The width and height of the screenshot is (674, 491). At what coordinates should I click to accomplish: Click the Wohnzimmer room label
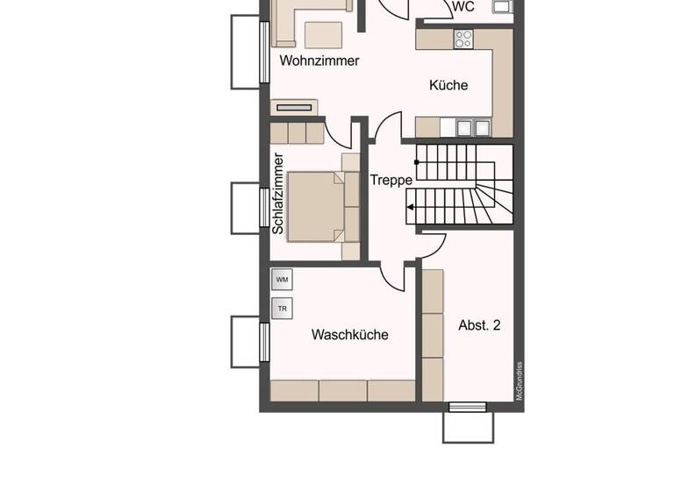click(x=319, y=61)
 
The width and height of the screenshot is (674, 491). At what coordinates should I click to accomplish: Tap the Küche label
click(x=448, y=85)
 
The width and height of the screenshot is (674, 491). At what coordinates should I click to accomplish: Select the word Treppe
click(x=391, y=180)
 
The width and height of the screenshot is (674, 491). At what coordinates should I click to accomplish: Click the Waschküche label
click(x=349, y=335)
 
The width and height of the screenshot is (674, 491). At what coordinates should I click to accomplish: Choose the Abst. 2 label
click(x=479, y=325)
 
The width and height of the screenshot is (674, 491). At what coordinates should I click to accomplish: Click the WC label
click(x=462, y=7)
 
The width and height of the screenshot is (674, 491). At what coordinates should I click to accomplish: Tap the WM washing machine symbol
click(x=282, y=280)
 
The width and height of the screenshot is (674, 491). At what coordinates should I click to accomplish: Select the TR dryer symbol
click(x=282, y=310)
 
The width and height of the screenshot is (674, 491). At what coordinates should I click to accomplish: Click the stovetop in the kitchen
click(x=463, y=39)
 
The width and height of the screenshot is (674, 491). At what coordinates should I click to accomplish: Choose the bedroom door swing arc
click(x=337, y=133)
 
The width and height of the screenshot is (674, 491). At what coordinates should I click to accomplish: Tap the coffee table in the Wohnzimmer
click(x=325, y=34)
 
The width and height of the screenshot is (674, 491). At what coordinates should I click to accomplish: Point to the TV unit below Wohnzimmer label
click(x=294, y=107)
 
